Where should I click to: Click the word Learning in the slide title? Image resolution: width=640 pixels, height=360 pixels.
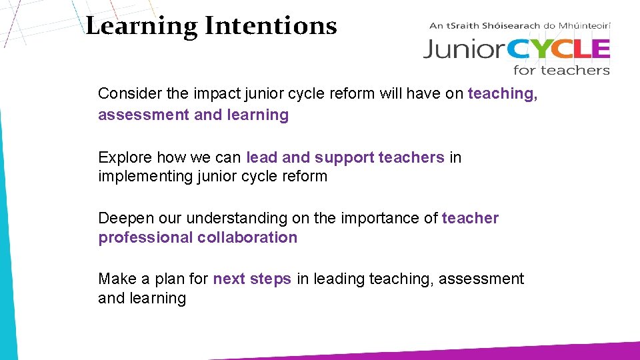tap(141, 27)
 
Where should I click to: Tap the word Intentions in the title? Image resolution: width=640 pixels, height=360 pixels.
tap(271, 27)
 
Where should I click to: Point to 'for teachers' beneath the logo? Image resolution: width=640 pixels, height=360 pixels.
tap(561, 70)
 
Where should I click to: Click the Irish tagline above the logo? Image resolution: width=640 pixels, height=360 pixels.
tap(520, 26)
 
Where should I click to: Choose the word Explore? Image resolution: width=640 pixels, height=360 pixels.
tap(125, 158)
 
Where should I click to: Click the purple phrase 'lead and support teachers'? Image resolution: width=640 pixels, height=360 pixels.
tap(345, 158)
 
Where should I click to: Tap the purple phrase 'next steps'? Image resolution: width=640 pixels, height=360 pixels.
tap(252, 279)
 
